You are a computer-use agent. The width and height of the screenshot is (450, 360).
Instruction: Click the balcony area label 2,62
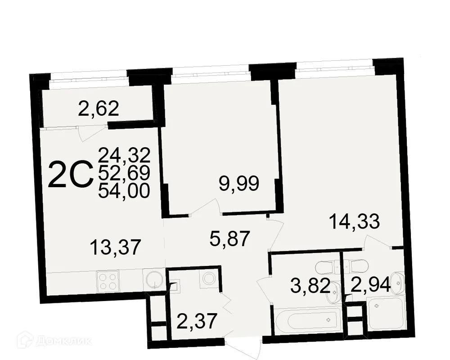pos(99,109)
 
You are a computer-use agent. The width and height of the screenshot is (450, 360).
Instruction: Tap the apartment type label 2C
pos(71,175)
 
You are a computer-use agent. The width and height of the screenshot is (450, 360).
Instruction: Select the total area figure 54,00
pos(124,191)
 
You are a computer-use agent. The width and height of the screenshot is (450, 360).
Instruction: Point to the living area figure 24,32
pos(124,155)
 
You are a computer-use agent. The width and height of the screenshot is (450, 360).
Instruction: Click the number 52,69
pos(124,173)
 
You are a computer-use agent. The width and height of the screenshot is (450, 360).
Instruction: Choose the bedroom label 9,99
pos(239,184)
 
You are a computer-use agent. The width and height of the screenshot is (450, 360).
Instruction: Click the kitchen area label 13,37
pos(115,247)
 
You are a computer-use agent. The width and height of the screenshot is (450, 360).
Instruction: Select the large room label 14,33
pos(355,221)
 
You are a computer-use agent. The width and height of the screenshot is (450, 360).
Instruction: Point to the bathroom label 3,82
pos(310,286)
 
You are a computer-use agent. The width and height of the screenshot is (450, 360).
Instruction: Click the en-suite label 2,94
pos(371,285)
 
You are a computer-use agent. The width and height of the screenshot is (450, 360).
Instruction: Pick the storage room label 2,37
pos(197,321)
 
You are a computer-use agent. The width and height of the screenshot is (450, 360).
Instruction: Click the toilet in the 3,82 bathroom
pos(327,267)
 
